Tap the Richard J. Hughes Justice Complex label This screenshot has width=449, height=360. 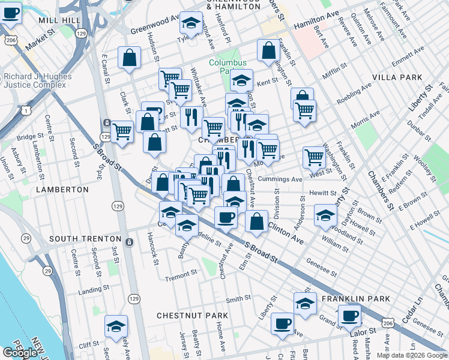(37, 81)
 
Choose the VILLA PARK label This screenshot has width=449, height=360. (397, 78)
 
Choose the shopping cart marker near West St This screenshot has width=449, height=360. (314, 157)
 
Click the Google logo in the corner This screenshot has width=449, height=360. (20, 353)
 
